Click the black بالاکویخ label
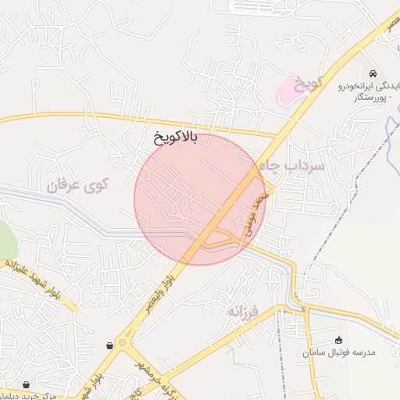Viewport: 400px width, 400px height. click(177, 138)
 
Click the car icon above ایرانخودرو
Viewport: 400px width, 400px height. click(374, 72)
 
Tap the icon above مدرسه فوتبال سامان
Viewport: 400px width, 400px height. click(338, 340)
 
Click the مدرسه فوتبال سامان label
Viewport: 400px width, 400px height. click(340, 352)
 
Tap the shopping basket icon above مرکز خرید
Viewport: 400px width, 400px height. click(28, 384)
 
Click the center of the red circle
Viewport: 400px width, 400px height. click(201, 199)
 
